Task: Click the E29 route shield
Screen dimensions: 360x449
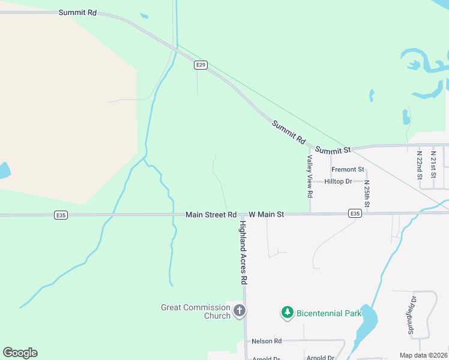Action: click(x=201, y=65)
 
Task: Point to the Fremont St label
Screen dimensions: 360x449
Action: click(x=348, y=170)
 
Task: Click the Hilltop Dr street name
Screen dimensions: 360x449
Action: click(x=338, y=181)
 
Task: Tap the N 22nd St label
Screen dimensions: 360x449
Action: click(x=420, y=161)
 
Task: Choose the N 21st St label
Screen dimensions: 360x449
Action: click(x=433, y=161)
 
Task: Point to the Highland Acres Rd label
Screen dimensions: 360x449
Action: click(x=244, y=252)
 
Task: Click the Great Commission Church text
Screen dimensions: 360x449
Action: click(x=195, y=311)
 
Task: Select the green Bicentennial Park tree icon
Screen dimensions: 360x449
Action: click(x=288, y=313)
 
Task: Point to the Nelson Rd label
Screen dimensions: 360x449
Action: click(x=267, y=341)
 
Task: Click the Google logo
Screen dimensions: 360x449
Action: click(x=20, y=353)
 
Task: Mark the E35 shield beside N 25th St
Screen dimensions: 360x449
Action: click(x=355, y=213)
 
